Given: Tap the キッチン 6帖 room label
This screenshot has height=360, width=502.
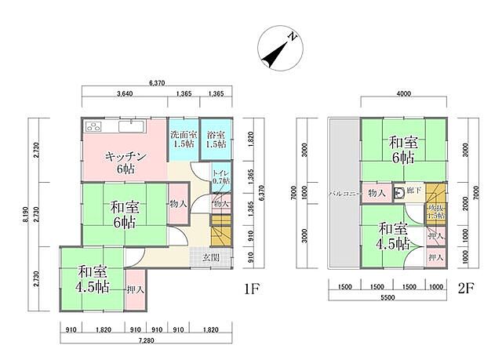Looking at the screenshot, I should [x=122, y=161].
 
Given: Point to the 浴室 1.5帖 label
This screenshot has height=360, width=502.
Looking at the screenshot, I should [x=216, y=139].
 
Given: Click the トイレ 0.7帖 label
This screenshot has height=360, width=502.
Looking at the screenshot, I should [x=220, y=176].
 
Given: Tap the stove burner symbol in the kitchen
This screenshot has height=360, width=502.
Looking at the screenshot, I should [x=93, y=125].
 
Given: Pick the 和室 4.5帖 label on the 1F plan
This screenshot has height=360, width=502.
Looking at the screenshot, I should [x=92, y=279].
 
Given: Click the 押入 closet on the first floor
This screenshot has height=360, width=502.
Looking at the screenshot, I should [x=135, y=289].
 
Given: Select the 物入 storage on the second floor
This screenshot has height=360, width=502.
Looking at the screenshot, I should [x=376, y=192].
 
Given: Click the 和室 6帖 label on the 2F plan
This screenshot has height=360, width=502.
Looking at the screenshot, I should [x=403, y=150].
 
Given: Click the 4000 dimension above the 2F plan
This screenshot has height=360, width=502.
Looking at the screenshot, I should [x=403, y=94].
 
